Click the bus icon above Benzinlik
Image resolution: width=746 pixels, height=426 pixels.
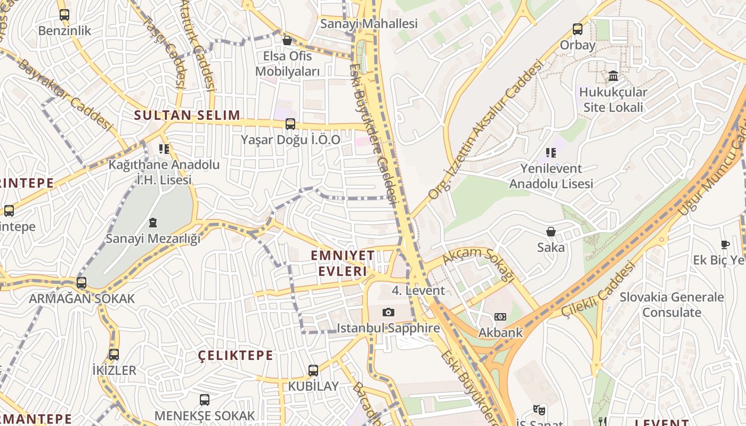click(64, 15)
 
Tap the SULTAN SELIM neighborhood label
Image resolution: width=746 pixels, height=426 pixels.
click(187, 115)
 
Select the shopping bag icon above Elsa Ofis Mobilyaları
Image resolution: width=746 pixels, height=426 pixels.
click(287, 40)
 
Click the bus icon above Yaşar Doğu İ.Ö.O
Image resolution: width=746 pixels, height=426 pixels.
click(290, 124)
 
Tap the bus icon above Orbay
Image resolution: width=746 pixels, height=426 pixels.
click(578, 29)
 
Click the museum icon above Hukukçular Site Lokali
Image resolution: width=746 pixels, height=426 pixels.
click(613, 76)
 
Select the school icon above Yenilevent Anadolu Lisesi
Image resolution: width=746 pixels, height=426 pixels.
click(551, 153)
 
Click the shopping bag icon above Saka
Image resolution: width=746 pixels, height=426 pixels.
click(551, 232)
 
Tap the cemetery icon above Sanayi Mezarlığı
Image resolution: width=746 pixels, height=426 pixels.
click(153, 223)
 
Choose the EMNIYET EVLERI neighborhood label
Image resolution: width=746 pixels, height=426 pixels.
click(343, 263)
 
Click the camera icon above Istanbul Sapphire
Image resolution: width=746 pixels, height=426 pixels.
click(388, 313)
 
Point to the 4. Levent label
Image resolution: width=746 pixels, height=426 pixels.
click(418, 291)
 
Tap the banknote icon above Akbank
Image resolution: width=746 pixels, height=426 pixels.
click(500, 317)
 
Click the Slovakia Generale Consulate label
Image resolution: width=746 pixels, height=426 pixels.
click(671, 305)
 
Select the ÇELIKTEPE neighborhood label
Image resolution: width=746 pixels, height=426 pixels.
click(236, 355)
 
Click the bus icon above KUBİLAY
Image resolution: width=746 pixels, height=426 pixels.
click(313, 371)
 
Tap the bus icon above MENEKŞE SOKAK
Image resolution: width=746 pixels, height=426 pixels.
click(205, 400)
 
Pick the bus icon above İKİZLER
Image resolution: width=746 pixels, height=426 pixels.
click(114, 355)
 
